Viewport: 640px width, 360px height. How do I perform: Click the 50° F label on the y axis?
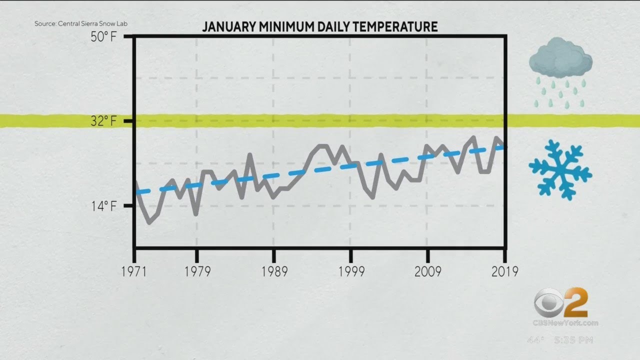coord(103,37)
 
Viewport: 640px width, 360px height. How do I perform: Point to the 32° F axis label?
coord(103,121)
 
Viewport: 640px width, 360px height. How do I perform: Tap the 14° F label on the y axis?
coord(103,206)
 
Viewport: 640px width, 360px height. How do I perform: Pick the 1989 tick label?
coord(273,271)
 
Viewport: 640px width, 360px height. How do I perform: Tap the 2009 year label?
coord(427,271)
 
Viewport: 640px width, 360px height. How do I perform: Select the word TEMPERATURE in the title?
coord(399,27)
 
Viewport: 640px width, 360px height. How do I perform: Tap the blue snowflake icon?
coord(560,170)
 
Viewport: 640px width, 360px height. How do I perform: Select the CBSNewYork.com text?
coord(565,323)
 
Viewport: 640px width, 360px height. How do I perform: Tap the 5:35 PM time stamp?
coord(573,340)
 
